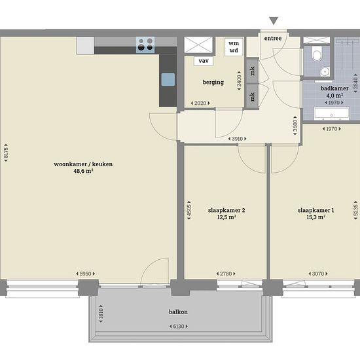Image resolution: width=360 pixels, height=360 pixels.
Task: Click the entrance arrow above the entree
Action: tap(274, 21)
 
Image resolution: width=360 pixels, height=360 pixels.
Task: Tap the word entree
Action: tap(273, 39)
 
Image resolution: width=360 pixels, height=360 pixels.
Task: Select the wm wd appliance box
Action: tap(234, 47)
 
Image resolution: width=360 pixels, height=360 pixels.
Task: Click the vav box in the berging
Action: tap(204, 61)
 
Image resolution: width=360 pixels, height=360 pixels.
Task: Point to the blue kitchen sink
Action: tap(168, 79)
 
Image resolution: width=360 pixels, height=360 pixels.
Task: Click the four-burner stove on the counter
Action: tap(145, 45)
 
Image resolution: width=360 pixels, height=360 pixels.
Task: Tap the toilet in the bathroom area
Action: tap(317, 54)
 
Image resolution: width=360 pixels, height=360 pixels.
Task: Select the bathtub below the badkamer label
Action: tap(332, 113)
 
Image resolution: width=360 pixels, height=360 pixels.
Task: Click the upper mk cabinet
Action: tap(252, 71)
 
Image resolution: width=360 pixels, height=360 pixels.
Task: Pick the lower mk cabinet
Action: tap(252, 96)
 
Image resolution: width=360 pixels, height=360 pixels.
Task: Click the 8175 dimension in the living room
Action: tap(6, 153)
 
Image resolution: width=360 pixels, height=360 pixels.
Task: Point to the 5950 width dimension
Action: tap(85, 274)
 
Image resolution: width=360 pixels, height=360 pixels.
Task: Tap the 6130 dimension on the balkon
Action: tap(179, 326)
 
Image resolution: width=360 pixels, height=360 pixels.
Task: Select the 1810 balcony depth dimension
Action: tap(101, 314)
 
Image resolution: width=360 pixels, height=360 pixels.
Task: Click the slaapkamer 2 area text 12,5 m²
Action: tap(227, 217)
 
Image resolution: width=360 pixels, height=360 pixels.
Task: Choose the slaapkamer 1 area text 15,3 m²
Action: tap(316, 217)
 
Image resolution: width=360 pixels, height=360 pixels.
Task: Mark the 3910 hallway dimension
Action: tap(237, 139)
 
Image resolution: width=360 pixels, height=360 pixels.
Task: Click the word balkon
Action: tap(179, 312)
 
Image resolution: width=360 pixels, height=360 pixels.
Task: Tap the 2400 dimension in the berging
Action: tap(239, 81)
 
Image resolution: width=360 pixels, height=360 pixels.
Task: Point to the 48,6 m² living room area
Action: tap(83, 171)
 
